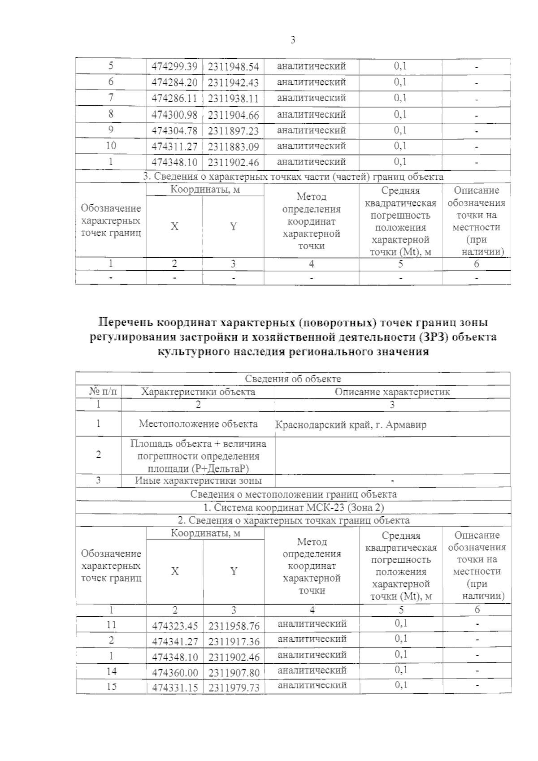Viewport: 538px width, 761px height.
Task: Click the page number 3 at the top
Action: (x=293, y=40)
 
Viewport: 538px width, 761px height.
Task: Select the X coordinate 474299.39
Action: (x=174, y=66)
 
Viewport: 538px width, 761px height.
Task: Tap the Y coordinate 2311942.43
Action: (x=234, y=82)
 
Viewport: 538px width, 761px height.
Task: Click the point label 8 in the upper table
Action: (x=111, y=114)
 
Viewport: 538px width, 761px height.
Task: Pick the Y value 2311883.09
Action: (x=234, y=147)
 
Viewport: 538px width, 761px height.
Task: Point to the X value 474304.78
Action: (x=174, y=130)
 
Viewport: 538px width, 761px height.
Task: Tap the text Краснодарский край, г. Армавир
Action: (x=351, y=424)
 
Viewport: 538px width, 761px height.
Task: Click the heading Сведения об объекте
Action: (x=293, y=379)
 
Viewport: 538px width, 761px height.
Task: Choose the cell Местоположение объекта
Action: (x=198, y=424)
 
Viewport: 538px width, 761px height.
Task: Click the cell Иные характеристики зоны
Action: (x=198, y=481)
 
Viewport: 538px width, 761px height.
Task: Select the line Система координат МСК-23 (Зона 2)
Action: (x=294, y=507)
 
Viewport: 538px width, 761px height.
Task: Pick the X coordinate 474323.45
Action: (x=175, y=625)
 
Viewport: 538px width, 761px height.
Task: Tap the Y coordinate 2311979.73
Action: (x=234, y=687)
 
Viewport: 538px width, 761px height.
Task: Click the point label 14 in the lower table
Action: (x=111, y=671)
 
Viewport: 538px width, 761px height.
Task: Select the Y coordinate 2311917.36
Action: (x=234, y=641)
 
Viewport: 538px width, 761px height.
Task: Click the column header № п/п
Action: (x=104, y=392)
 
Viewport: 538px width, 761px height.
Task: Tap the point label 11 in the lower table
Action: (x=111, y=624)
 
